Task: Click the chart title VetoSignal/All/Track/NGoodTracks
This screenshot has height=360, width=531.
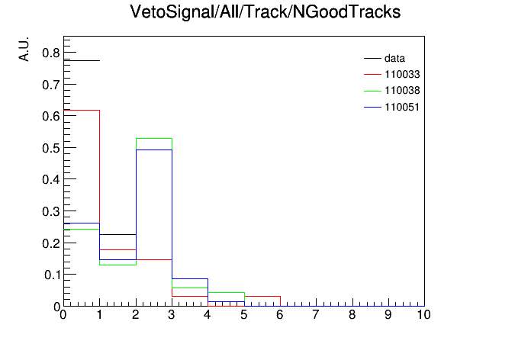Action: (x=265, y=12)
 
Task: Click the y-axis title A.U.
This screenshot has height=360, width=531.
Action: (x=24, y=49)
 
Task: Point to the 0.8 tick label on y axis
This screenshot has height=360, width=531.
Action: (x=51, y=53)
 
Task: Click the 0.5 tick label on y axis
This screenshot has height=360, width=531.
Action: (x=51, y=148)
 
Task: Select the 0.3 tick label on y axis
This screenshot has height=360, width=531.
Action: (x=51, y=211)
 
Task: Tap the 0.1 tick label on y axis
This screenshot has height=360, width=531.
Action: (x=52, y=275)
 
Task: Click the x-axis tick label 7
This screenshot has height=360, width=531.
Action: (x=316, y=315)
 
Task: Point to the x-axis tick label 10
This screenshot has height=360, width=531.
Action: (x=423, y=315)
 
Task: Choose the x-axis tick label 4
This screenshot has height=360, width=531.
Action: (x=208, y=315)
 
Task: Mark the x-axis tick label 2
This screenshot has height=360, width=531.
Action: (x=136, y=315)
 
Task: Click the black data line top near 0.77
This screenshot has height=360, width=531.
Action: (x=82, y=60)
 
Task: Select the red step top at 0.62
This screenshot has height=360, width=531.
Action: (x=82, y=110)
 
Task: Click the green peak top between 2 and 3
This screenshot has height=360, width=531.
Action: (x=154, y=139)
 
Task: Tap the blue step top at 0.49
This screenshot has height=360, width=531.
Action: (x=154, y=149)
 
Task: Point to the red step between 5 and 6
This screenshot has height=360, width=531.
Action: (x=262, y=297)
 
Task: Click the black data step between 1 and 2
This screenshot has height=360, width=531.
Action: (x=117, y=234)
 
